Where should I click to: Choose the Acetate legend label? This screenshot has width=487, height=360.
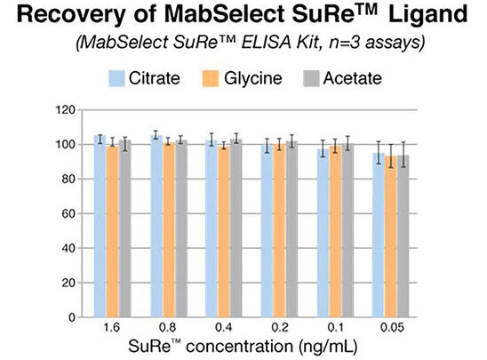click(350, 78)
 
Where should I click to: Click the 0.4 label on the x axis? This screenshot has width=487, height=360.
click(224, 330)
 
